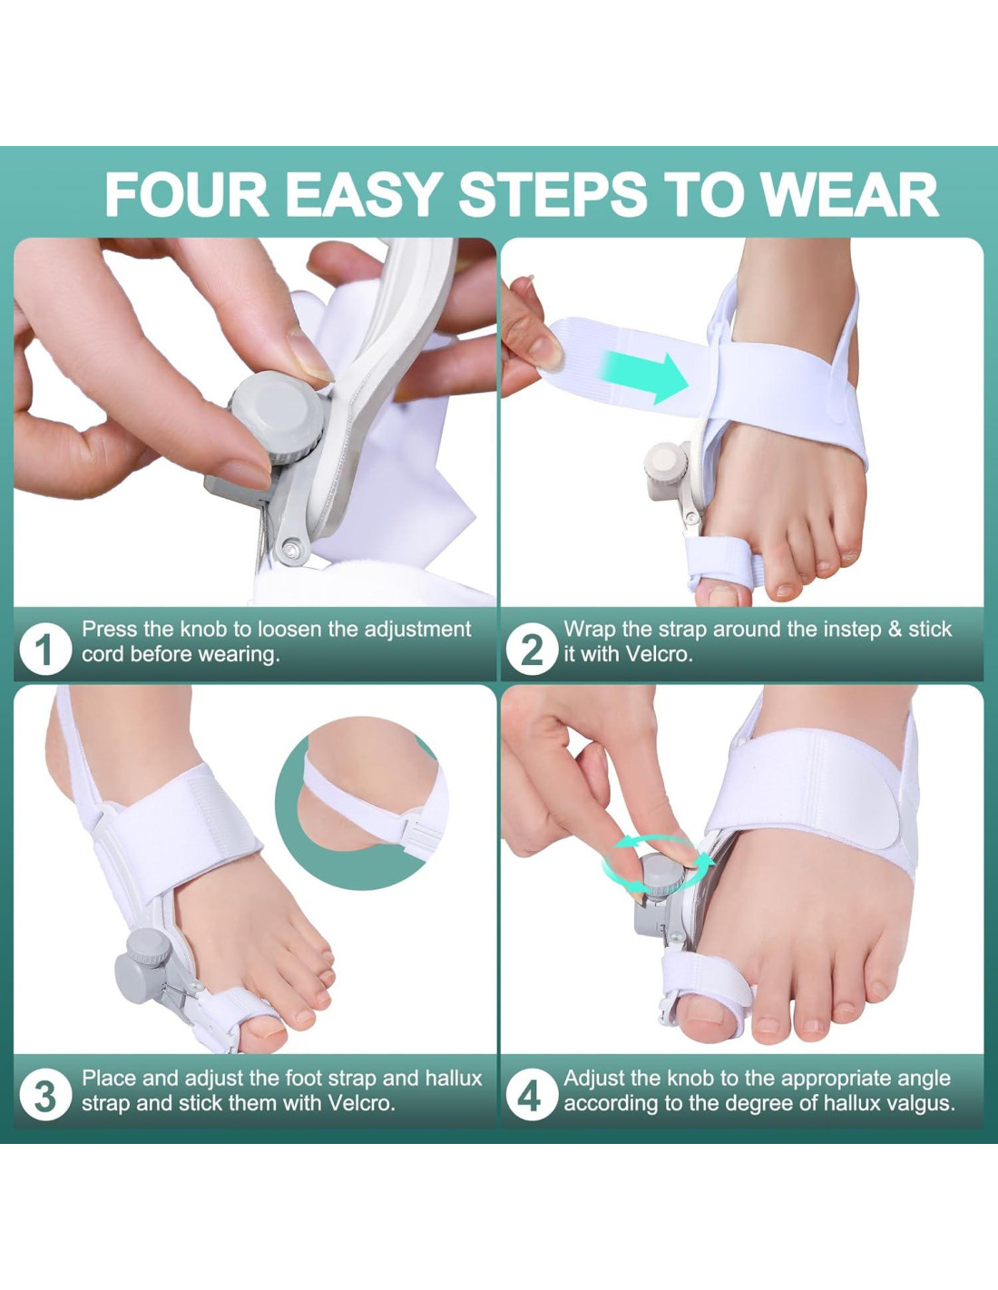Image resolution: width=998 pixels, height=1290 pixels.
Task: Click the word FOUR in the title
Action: pyautogui.click(x=186, y=195)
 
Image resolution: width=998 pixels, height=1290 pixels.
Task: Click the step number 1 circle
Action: pyautogui.click(x=45, y=650)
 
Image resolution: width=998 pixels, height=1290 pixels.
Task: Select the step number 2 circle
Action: pyautogui.click(x=532, y=650)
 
